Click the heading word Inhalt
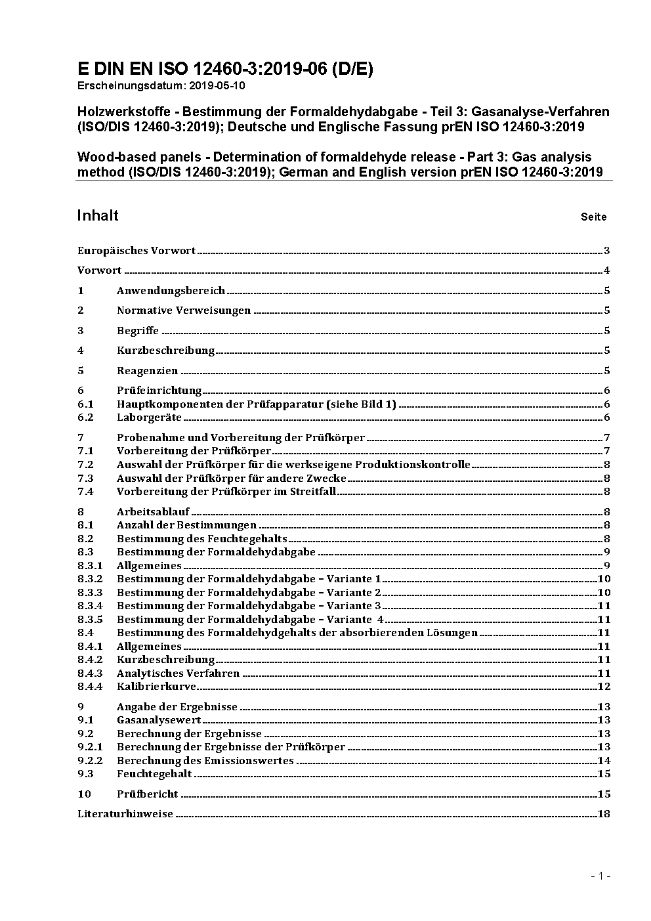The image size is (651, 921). pyautogui.click(x=98, y=215)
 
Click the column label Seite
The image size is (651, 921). pyautogui.click(x=593, y=217)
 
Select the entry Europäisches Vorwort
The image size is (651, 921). pyautogui.click(x=136, y=250)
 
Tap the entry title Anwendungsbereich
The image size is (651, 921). pyautogui.click(x=171, y=290)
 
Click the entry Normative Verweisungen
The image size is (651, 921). pyautogui.click(x=184, y=310)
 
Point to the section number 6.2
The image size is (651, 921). pyautogui.click(x=85, y=417)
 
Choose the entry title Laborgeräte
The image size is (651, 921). pyautogui.click(x=149, y=417)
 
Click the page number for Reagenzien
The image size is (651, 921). pyautogui.click(x=607, y=370)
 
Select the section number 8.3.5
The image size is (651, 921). pyautogui.click(x=90, y=619)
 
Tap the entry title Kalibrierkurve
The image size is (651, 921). pyautogui.click(x=156, y=686)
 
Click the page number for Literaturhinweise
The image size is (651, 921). pyautogui.click(x=604, y=813)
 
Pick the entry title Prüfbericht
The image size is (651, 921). pyautogui.click(x=148, y=794)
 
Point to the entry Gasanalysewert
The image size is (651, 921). pyautogui.click(x=159, y=719)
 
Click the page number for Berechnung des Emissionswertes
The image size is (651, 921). pyautogui.click(x=604, y=760)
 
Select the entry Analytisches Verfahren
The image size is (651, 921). pyautogui.click(x=178, y=673)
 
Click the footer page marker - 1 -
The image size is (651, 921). pyautogui.click(x=600, y=876)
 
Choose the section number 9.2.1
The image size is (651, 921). pyautogui.click(x=90, y=746)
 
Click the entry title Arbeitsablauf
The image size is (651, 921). pyautogui.click(x=153, y=511)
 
